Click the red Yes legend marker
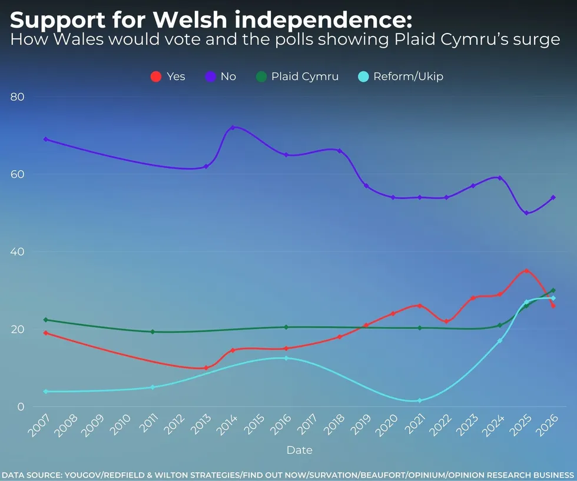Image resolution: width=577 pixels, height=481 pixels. (x=156, y=77)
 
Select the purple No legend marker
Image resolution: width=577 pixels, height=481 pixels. (x=210, y=77)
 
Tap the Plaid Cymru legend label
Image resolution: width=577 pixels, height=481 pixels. (x=304, y=77)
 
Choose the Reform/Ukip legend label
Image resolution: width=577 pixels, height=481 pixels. (x=408, y=77)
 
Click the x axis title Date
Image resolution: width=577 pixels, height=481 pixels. (x=299, y=450)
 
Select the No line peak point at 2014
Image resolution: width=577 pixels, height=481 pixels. (x=233, y=127)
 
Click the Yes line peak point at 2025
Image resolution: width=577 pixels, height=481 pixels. (x=526, y=271)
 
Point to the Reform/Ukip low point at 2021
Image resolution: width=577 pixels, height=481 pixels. (x=420, y=400)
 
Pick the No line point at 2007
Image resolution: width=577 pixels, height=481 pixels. (x=45, y=139)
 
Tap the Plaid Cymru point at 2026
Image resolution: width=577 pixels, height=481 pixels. (x=553, y=290)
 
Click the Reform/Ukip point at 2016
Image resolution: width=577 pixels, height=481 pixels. (x=286, y=358)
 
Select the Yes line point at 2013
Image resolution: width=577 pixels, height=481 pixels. (x=206, y=368)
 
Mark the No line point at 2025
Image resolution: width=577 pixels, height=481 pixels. (x=526, y=213)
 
